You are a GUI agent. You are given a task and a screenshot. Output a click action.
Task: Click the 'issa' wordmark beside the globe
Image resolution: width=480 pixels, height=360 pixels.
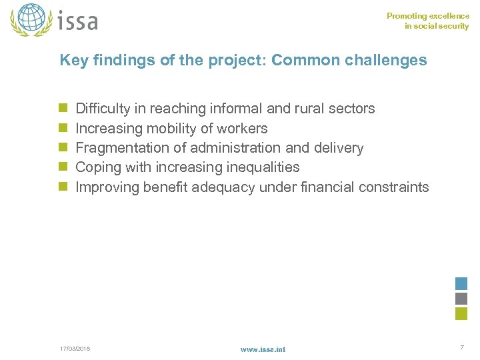(78, 21)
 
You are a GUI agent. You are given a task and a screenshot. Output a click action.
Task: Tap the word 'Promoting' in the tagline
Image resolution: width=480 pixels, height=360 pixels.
(405, 16)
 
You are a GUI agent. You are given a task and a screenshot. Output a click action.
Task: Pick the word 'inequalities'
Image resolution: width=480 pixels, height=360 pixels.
(262, 167)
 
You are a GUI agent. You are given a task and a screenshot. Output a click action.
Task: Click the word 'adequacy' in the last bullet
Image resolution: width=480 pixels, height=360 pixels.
(223, 187)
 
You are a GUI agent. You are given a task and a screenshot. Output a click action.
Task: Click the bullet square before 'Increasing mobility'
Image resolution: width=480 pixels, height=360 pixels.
(63, 128)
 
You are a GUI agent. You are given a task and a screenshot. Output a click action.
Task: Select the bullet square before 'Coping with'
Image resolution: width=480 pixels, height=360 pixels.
(63, 167)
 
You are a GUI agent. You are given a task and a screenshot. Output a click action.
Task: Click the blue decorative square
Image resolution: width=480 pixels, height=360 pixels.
(461, 283)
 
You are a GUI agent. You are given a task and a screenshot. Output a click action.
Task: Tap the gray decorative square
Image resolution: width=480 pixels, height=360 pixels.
(461, 299)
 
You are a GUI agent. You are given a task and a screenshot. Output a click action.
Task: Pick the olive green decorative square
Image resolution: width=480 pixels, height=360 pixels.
(461, 314)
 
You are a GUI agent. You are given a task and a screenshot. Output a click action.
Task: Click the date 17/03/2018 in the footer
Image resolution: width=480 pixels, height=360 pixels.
(75, 349)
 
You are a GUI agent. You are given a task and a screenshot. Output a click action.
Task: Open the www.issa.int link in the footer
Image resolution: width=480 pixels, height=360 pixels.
(263, 349)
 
